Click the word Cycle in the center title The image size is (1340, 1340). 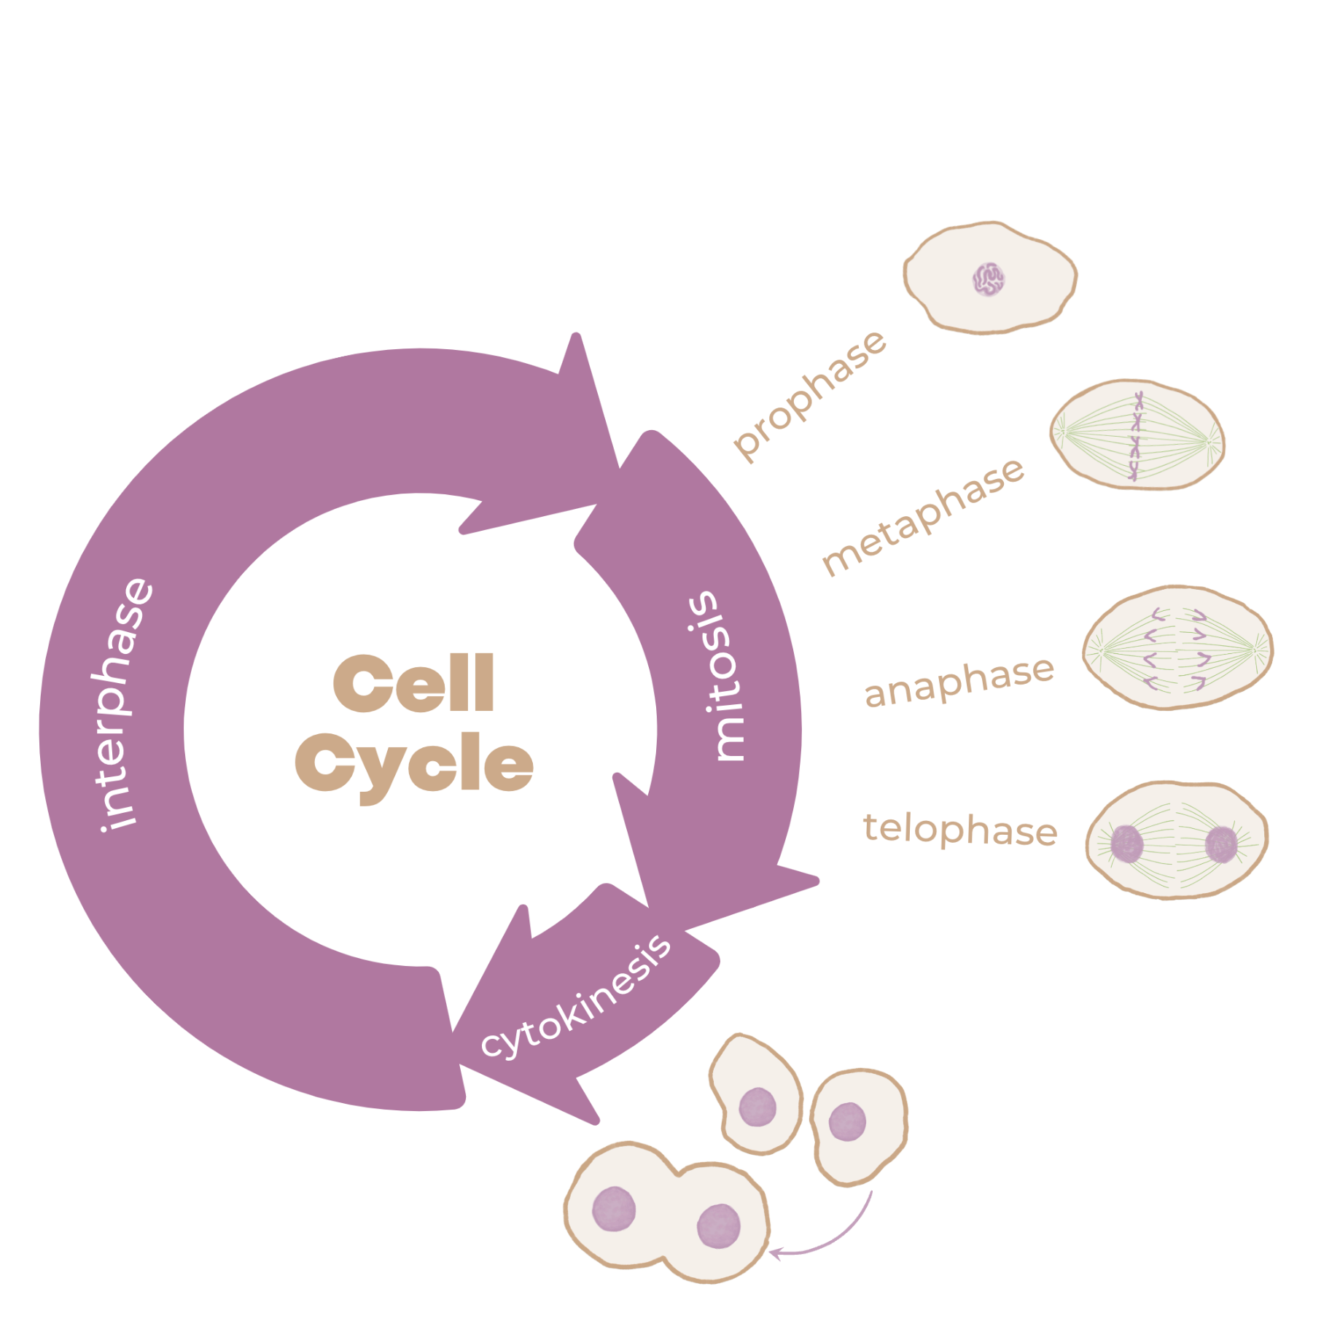[414, 766]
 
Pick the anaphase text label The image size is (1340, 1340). [959, 681]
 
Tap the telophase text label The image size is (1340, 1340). [960, 829]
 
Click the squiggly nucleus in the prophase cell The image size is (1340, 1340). [989, 278]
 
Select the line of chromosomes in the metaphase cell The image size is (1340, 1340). [1137, 436]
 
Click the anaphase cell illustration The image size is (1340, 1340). [1178, 647]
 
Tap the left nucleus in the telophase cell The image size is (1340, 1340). [1127, 844]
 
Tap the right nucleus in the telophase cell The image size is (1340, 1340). [1221, 844]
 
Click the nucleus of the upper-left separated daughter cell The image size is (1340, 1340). [757, 1107]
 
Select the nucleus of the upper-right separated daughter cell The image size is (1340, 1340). [847, 1121]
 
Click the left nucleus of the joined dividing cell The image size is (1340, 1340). [614, 1209]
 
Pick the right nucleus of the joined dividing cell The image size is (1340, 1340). [719, 1226]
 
